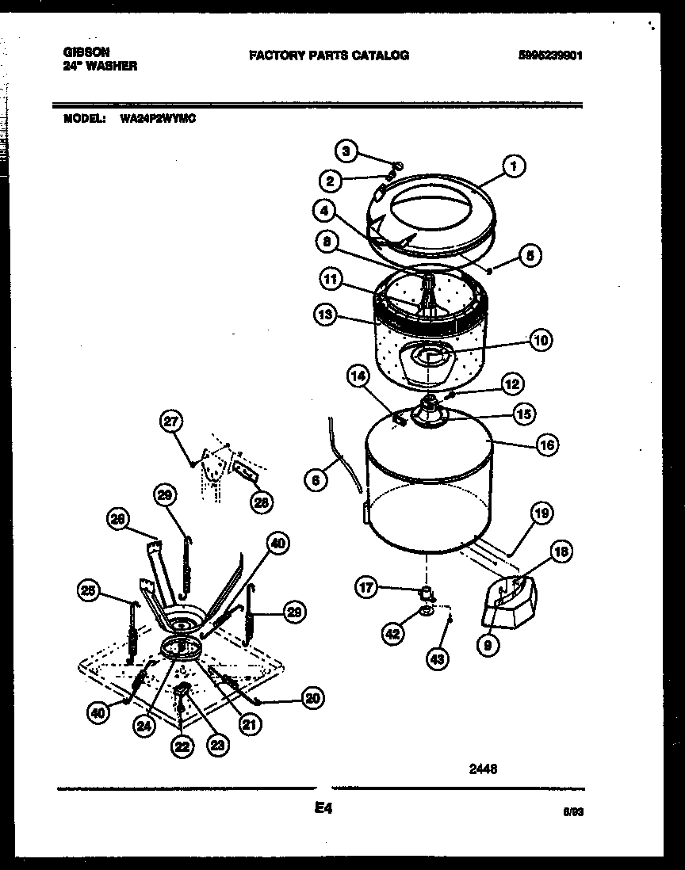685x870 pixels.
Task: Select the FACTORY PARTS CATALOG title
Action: coord(329,55)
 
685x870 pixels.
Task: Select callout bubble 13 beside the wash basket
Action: coord(324,315)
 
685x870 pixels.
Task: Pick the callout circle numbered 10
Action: coord(540,341)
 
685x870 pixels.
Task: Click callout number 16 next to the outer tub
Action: coord(546,445)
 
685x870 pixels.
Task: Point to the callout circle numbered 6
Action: coord(316,479)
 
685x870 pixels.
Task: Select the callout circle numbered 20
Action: coord(313,698)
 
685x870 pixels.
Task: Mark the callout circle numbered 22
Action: coord(183,746)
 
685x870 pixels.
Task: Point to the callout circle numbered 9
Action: coord(488,646)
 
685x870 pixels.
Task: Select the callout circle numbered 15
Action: coord(523,414)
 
